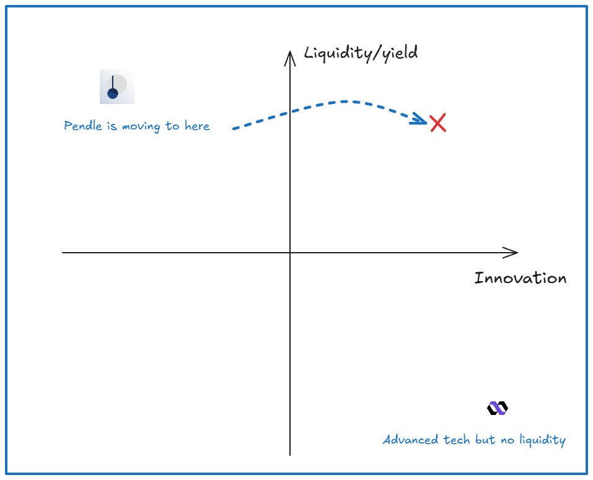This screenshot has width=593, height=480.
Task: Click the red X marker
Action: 438,123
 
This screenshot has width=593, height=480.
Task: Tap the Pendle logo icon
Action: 116,87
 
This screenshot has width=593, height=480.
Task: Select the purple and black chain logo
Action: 497,408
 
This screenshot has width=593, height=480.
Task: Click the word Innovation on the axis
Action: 520,278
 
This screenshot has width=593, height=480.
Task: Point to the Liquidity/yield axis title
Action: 361,53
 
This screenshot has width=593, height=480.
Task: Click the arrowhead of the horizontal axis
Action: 512,252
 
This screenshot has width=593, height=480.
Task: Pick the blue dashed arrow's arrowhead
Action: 421,121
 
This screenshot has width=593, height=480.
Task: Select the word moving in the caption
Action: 143,126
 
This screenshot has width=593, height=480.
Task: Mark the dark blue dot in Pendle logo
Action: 112,94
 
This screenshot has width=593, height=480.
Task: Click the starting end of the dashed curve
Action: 234,129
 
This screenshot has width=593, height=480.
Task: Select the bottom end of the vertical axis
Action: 290,455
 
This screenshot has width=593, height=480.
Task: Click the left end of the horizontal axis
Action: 63,253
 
